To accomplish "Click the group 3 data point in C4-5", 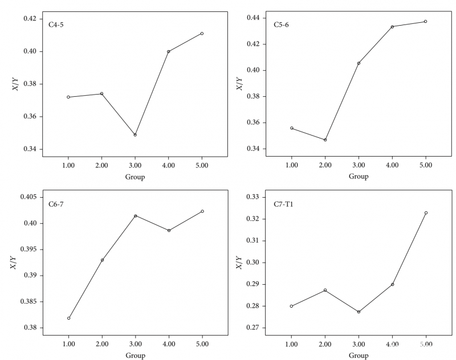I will pyautogui.click(x=135, y=135).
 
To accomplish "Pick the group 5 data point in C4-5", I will pyautogui.click(x=202, y=34).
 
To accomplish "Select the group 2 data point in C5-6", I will pyautogui.click(x=325, y=140).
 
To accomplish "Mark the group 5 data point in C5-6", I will pyautogui.click(x=425, y=22).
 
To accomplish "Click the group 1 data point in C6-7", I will pyautogui.click(x=68, y=318).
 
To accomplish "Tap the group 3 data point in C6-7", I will pyautogui.click(x=135, y=216).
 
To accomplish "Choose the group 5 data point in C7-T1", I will pyautogui.click(x=425, y=213).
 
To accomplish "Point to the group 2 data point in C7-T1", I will pyautogui.click(x=325, y=290).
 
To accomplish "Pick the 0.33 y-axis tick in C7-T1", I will pyautogui.click(x=251, y=197).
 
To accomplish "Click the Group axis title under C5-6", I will pyautogui.click(x=359, y=177).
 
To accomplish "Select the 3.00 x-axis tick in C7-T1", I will pyautogui.click(x=359, y=345).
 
